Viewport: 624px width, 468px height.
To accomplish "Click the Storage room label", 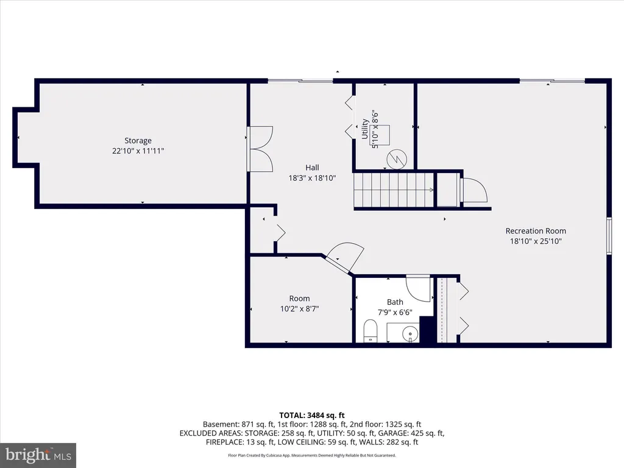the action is [x=138, y=141].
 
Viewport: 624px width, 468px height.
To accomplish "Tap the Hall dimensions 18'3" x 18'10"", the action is [x=313, y=178].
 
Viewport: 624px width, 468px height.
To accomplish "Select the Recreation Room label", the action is [x=536, y=231].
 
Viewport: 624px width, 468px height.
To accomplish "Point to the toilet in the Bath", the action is [x=370, y=331].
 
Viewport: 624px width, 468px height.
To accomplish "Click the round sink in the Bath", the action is [x=410, y=333].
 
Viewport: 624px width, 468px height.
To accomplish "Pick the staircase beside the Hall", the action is [x=394, y=190].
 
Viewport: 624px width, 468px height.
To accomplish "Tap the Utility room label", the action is [x=364, y=129].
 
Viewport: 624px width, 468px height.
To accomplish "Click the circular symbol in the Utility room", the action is [x=397, y=159].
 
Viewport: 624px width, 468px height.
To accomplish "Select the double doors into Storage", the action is [x=260, y=149].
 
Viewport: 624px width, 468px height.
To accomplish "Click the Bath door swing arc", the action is [x=419, y=288].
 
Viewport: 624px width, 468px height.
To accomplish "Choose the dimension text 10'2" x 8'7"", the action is [x=299, y=309].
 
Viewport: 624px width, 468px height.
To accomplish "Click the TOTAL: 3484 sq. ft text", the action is [x=311, y=416].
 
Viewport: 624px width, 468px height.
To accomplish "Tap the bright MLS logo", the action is [x=38, y=455].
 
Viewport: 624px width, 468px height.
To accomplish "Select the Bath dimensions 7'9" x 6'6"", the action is [x=395, y=313].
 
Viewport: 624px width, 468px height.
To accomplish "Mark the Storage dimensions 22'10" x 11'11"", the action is [x=138, y=151].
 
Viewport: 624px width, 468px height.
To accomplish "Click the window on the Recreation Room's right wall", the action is [x=609, y=236].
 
